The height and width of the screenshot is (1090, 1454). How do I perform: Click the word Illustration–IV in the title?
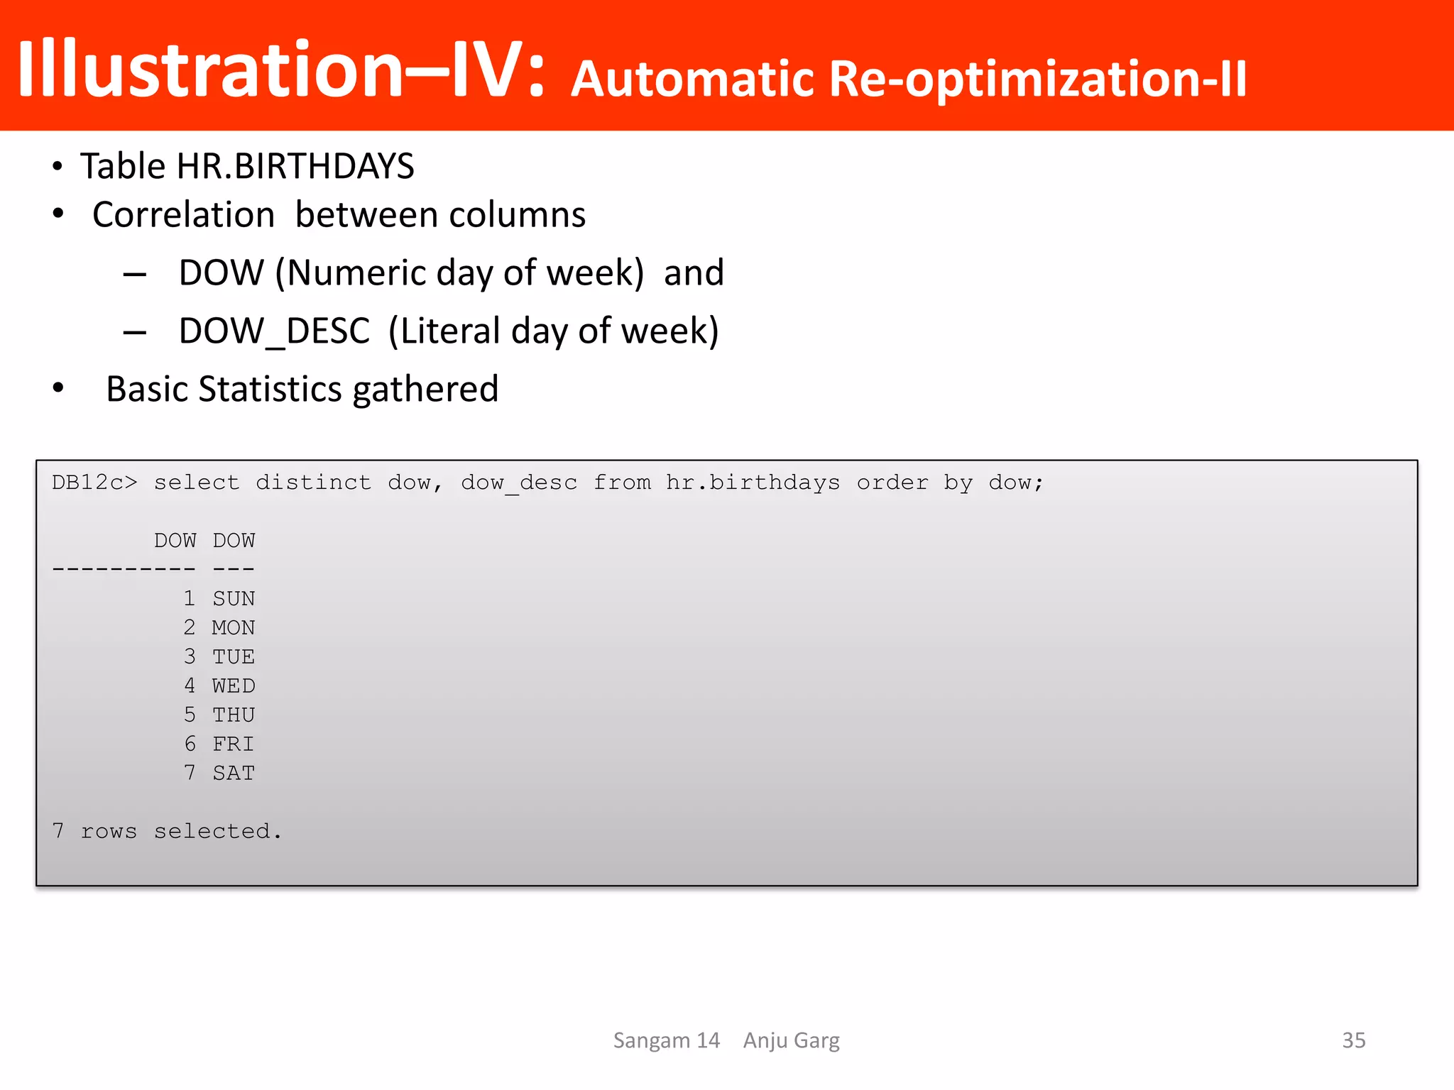[x=280, y=69]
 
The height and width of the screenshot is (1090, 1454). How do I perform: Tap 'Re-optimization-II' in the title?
[x=1037, y=78]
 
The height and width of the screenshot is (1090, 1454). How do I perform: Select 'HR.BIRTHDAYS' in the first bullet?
[x=295, y=166]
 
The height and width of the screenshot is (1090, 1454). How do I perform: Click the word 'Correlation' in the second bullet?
[x=183, y=215]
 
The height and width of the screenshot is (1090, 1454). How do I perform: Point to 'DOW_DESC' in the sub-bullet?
[x=274, y=331]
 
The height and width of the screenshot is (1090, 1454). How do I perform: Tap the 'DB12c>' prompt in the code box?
[x=94, y=483]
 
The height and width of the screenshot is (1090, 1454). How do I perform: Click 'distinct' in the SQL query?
[x=313, y=483]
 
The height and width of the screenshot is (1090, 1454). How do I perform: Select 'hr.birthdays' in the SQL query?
[x=753, y=483]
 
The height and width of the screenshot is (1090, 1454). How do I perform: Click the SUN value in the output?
[x=234, y=599]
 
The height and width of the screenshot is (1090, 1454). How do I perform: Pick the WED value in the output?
[x=234, y=686]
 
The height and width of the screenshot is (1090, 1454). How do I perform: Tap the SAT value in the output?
[x=234, y=773]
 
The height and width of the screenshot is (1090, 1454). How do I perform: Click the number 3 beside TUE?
[x=190, y=656]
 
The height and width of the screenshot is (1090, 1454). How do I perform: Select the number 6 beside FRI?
[x=190, y=744]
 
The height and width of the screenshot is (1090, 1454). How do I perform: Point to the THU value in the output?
[x=234, y=715]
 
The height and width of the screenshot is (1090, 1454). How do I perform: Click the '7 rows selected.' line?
[x=167, y=831]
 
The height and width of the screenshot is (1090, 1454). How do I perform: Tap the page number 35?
[x=1353, y=1040]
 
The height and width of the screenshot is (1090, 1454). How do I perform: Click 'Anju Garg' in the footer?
[x=791, y=1040]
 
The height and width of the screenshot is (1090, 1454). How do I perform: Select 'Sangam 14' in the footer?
[x=666, y=1040]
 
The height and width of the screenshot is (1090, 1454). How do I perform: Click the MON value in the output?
[x=234, y=628]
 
